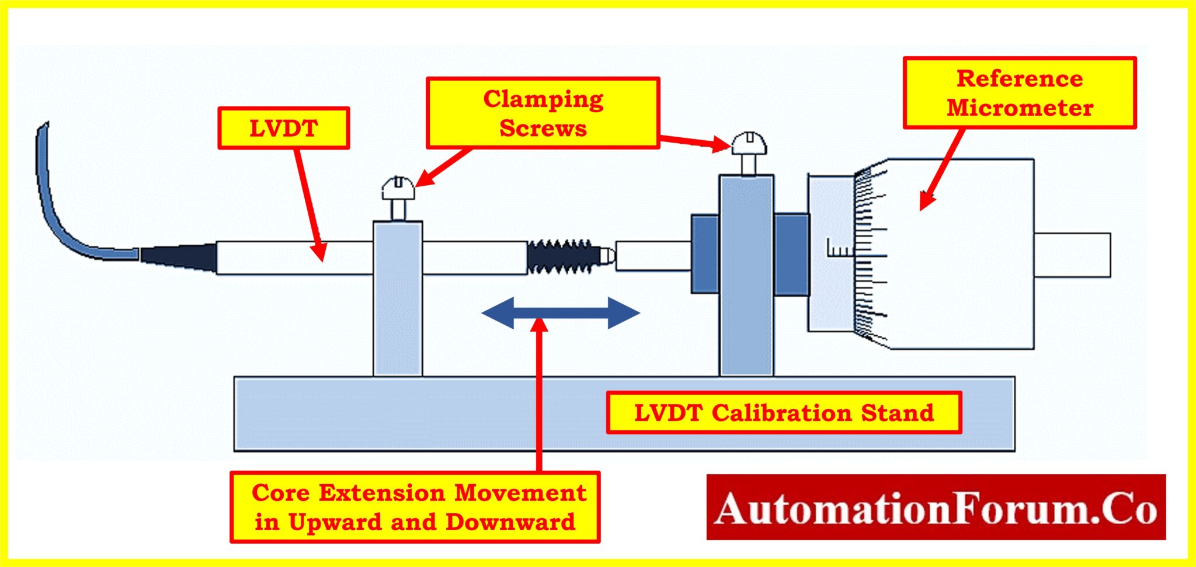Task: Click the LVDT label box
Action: pos(284,128)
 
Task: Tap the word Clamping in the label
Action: pos(543,99)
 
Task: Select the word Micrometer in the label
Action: pos(1020,108)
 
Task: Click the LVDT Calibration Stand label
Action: pos(784,413)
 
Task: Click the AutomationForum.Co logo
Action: pos(936,507)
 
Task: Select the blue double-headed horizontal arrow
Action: pos(561,313)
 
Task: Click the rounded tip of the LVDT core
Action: pos(607,256)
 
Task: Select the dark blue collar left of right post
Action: pos(705,254)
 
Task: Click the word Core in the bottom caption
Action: pos(280,493)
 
